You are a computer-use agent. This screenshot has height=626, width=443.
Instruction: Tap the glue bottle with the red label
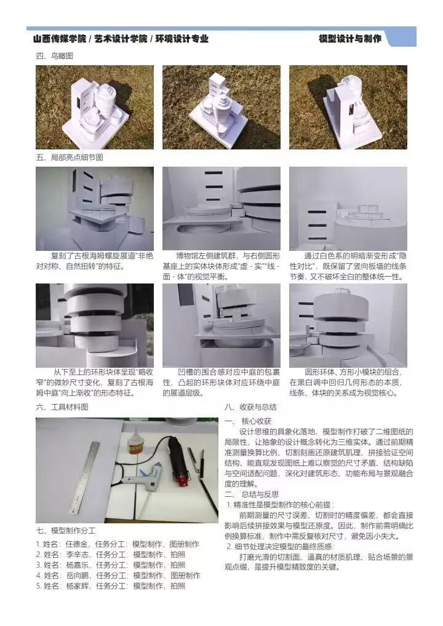tap(135, 443)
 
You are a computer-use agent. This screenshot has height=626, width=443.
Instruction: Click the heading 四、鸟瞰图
tap(54, 56)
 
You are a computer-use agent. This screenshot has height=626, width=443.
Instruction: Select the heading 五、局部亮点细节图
tap(70, 157)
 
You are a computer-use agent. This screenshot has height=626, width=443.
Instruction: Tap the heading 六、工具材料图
tap(62, 407)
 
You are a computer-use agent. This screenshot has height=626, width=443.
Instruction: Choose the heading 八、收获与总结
tap(250, 407)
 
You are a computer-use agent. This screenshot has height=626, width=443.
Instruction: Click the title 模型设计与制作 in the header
tap(350, 39)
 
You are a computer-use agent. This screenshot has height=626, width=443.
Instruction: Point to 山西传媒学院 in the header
tap(60, 39)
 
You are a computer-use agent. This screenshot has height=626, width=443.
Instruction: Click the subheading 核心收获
tap(257, 421)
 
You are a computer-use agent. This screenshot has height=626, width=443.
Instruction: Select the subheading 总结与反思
tap(260, 494)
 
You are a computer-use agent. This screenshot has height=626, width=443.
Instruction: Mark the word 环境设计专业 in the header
tap(182, 39)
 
